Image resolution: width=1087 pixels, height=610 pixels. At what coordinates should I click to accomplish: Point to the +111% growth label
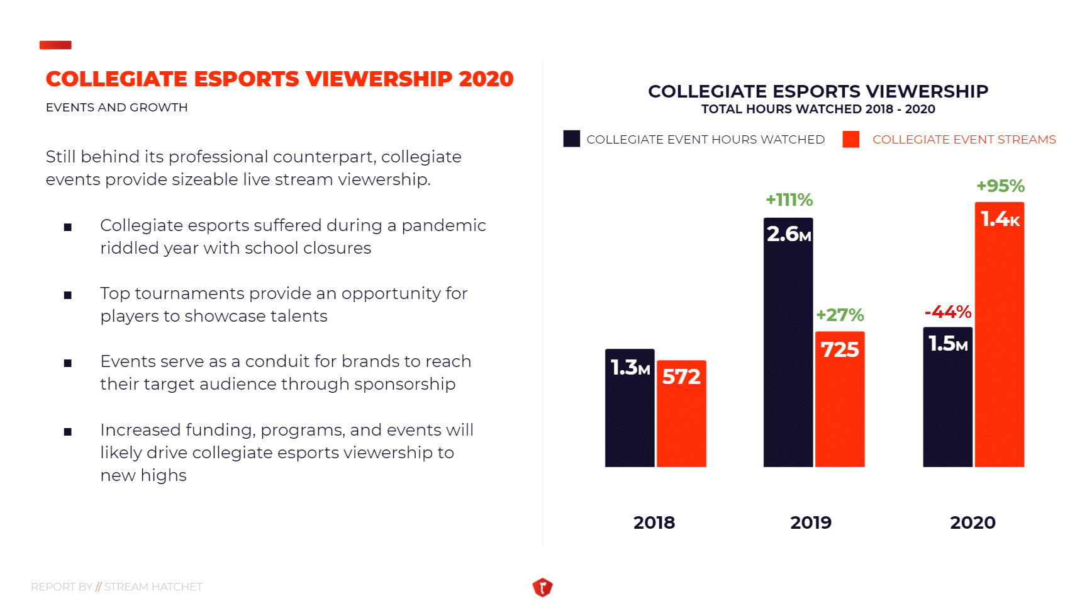789,200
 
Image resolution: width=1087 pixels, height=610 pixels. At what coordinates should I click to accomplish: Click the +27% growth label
840,315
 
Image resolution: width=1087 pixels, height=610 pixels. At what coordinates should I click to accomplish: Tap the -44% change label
947,312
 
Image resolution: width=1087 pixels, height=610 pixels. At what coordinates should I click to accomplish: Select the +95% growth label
1000,186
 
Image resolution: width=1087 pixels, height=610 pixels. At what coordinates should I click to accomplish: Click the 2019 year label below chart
811,522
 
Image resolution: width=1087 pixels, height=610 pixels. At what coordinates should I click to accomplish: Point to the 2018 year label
654,522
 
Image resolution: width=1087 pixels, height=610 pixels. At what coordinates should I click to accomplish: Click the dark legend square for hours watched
571,139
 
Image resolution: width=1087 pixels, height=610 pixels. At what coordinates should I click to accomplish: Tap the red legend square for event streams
850,139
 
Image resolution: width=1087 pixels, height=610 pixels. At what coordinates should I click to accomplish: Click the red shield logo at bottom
542,587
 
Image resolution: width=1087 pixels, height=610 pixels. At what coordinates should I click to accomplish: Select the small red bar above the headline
55,45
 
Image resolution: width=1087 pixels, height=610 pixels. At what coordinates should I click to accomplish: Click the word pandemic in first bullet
443,225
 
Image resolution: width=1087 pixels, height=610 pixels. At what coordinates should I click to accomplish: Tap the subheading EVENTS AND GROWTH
116,108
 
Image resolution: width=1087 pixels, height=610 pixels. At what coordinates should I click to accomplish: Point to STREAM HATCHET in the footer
153,587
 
